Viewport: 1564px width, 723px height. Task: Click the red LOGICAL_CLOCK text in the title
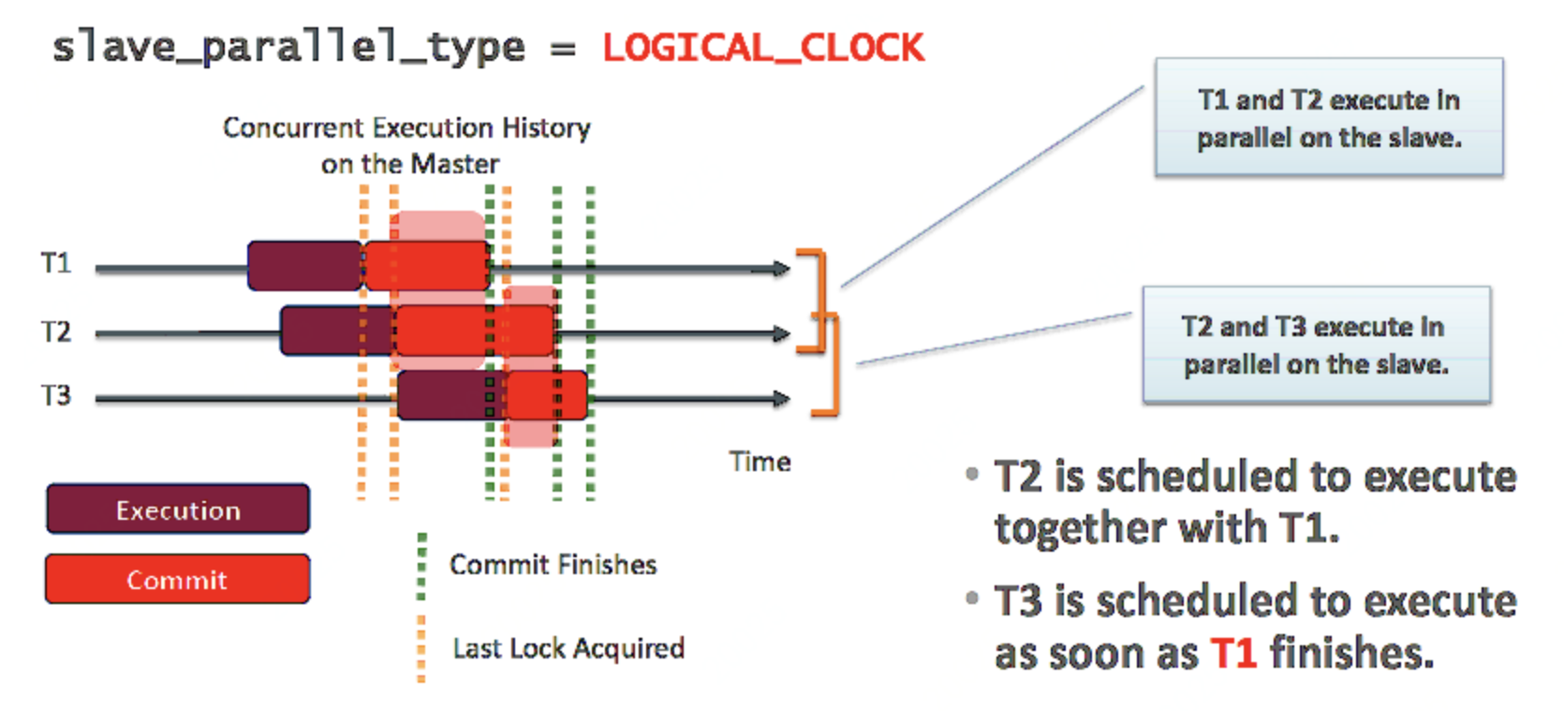[762, 48]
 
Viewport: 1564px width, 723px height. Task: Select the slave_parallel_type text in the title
[288, 48]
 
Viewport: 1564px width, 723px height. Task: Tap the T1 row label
[56, 263]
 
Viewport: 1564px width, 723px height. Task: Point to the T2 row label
[56, 332]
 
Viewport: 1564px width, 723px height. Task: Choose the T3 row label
[56, 395]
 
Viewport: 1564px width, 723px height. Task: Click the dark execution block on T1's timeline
[304, 266]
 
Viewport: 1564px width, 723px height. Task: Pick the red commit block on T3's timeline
[547, 395]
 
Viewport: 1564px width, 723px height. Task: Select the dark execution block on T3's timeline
[445, 395]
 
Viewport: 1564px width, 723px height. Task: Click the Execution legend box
[178, 509]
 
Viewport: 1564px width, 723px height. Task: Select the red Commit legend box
[178, 580]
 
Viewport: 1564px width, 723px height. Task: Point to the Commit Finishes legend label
[553, 565]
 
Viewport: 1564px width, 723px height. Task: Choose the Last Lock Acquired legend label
[568, 648]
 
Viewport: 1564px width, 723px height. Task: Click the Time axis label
[760, 462]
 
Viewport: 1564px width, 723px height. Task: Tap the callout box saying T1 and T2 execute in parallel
[1329, 118]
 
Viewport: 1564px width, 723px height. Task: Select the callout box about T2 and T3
[1316, 346]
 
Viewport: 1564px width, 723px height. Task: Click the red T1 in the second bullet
[1232, 654]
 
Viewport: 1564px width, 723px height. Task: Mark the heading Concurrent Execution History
[406, 127]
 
